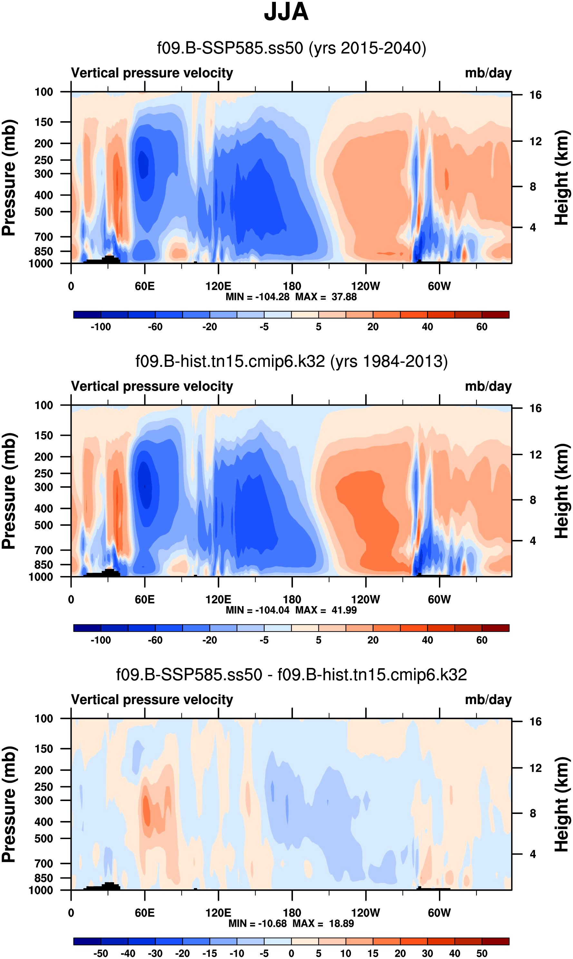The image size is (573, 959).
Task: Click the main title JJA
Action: [x=286, y=12]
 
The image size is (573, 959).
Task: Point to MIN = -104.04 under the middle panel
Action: [x=257, y=610]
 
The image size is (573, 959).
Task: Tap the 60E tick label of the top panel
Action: [x=145, y=286]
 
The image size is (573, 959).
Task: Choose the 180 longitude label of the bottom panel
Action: [x=292, y=913]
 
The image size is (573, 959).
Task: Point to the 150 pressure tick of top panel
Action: [x=44, y=122]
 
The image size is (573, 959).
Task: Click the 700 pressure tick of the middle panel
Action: [x=44, y=550]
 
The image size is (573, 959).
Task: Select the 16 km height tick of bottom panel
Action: [x=535, y=721]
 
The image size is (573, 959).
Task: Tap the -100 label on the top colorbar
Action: [x=101, y=327]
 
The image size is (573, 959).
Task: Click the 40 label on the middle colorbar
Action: [x=427, y=641]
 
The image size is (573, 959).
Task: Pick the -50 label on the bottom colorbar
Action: [x=101, y=953]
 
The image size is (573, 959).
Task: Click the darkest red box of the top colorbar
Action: [x=495, y=315]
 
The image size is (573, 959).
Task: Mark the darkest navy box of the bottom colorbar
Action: [x=87, y=941]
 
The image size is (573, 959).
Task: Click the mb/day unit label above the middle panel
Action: [x=488, y=386]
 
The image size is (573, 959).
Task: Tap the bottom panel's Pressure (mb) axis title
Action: [x=8, y=805]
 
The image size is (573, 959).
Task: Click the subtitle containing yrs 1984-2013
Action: [x=292, y=361]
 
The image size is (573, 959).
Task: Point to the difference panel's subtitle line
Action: [x=292, y=675]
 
